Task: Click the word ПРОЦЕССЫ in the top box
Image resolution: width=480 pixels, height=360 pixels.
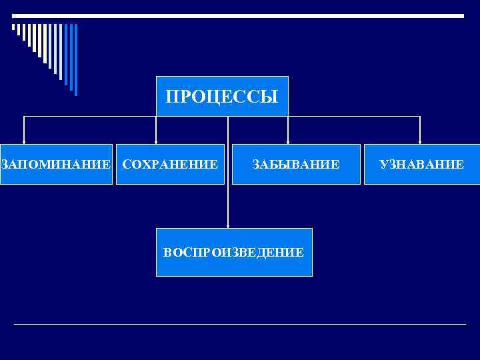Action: pos(222,97)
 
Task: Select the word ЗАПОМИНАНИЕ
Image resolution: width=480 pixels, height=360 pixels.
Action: pos(56,164)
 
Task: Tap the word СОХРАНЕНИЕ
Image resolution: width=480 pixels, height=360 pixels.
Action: pos(170,164)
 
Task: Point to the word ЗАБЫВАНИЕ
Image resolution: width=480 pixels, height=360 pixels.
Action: pos(295,164)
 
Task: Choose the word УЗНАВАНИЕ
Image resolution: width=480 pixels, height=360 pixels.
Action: pos(421,164)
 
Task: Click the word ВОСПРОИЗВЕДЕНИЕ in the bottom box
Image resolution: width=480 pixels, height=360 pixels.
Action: pos(234,253)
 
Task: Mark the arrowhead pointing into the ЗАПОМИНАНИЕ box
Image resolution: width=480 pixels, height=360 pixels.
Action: pos(25,141)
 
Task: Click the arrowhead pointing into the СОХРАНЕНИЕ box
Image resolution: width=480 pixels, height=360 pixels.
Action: pos(156,141)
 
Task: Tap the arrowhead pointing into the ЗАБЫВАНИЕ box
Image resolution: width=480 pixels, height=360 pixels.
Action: pos(287,141)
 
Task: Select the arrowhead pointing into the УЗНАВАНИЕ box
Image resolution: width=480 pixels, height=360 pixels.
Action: pos(420,141)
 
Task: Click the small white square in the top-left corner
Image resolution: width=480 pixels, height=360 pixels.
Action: pos(13,27)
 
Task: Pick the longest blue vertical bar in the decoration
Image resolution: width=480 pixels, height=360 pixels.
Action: pos(75,59)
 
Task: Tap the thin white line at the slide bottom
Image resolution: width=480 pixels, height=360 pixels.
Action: pos(240,325)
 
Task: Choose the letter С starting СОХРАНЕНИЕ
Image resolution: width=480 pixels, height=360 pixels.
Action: pos(127,164)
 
